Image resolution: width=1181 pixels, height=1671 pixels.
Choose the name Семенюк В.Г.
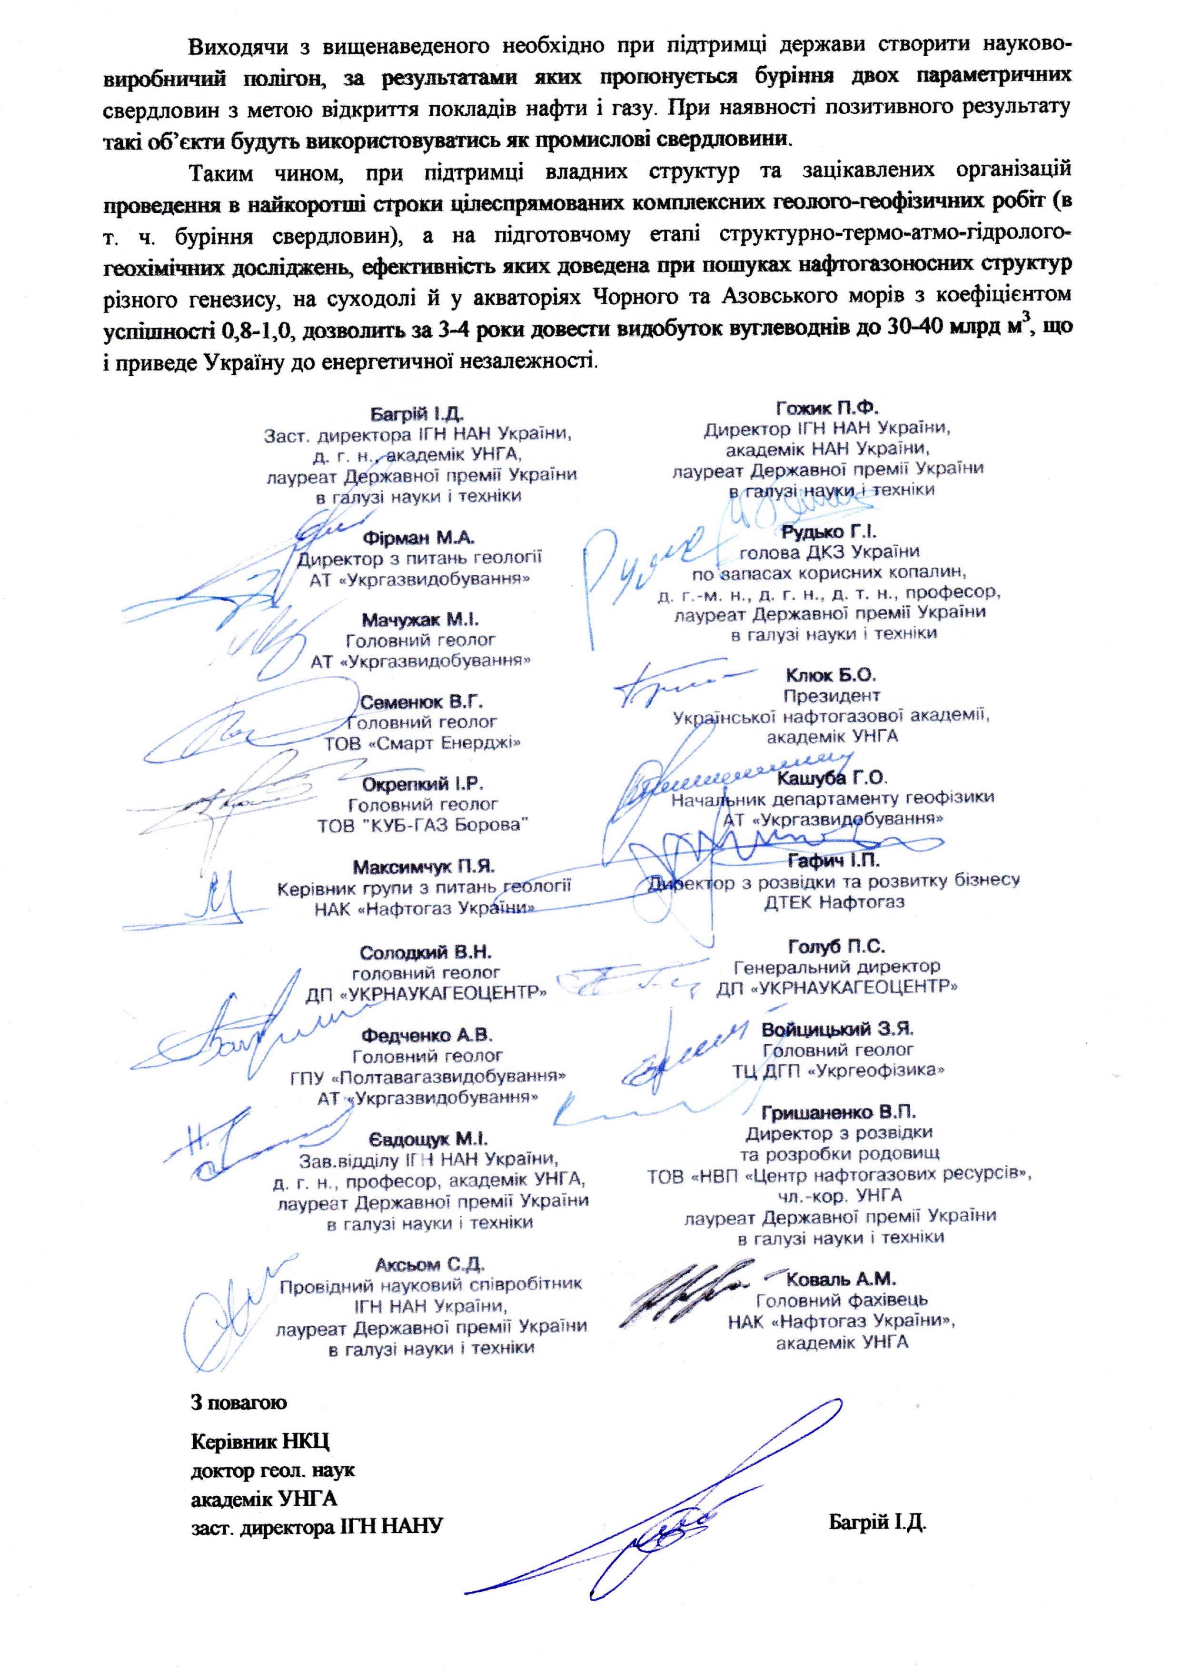click(x=421, y=702)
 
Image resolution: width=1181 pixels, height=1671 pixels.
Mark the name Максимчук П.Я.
click(x=424, y=867)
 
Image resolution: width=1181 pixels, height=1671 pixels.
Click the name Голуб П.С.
click(x=836, y=947)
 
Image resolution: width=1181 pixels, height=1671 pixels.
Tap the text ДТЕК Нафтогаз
click(x=834, y=902)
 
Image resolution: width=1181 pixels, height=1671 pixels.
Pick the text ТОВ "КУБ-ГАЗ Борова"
click(x=422, y=825)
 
